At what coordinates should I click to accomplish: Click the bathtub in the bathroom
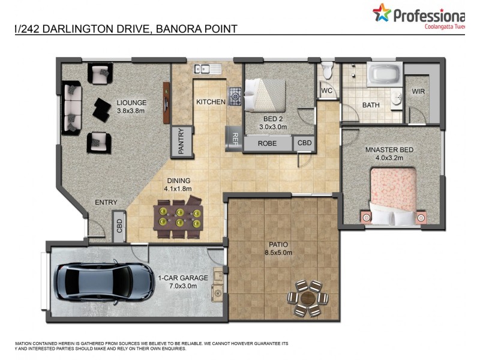click(x=383, y=76)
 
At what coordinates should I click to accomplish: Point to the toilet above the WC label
click(x=327, y=71)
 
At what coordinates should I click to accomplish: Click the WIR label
click(x=418, y=92)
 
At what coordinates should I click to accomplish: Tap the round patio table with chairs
click(x=308, y=297)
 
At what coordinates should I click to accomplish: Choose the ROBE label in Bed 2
click(x=267, y=144)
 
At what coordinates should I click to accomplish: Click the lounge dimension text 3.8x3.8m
click(x=131, y=110)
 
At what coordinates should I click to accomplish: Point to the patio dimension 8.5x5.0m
click(x=278, y=253)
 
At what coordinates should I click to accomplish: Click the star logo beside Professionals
click(x=382, y=13)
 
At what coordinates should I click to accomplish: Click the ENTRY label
click(x=106, y=202)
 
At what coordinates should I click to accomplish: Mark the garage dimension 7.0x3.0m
click(x=182, y=286)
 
